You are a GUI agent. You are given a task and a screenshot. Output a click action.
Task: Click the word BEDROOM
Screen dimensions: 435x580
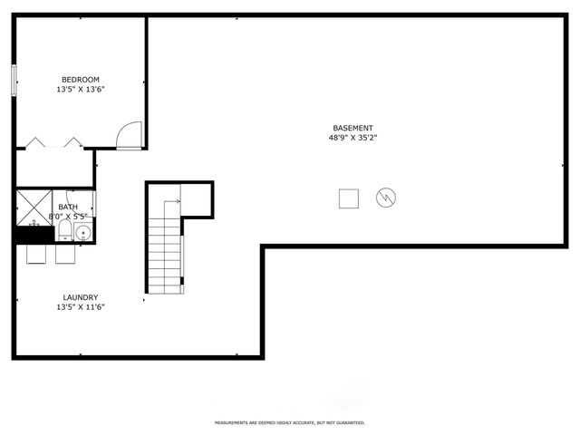[x=81, y=80]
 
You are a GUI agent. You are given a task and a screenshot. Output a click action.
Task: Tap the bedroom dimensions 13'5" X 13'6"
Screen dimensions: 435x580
[x=81, y=90]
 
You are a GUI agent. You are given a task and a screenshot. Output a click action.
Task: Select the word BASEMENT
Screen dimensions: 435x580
[x=353, y=128]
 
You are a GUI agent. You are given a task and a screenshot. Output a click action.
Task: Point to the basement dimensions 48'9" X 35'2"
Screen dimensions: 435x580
[x=353, y=138]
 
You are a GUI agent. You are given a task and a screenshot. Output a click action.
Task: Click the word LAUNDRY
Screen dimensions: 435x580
[x=81, y=297]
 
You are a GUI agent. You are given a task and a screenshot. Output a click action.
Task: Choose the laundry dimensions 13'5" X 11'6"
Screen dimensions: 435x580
[x=81, y=307]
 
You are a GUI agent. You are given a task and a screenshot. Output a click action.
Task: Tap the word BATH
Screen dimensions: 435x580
[x=68, y=208]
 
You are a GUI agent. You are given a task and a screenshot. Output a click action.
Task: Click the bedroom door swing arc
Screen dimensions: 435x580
[x=131, y=135]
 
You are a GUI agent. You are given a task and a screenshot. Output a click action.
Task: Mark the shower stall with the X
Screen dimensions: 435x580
[x=33, y=207]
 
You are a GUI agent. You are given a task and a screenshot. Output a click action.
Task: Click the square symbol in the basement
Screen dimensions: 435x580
[x=349, y=198]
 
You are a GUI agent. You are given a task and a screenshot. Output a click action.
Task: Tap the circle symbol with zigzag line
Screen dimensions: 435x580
[x=386, y=197]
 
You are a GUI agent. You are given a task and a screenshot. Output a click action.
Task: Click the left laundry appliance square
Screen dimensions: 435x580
[x=37, y=254]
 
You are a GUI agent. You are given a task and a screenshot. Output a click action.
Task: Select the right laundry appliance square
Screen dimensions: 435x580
[x=66, y=254]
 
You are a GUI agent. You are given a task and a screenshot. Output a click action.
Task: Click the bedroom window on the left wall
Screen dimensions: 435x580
[x=14, y=81]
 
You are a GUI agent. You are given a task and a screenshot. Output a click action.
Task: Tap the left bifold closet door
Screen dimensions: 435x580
[x=36, y=142]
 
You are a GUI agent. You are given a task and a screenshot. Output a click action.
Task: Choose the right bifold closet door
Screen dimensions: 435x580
[x=71, y=142]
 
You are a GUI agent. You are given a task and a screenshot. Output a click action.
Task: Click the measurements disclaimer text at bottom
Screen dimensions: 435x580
[x=290, y=422]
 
